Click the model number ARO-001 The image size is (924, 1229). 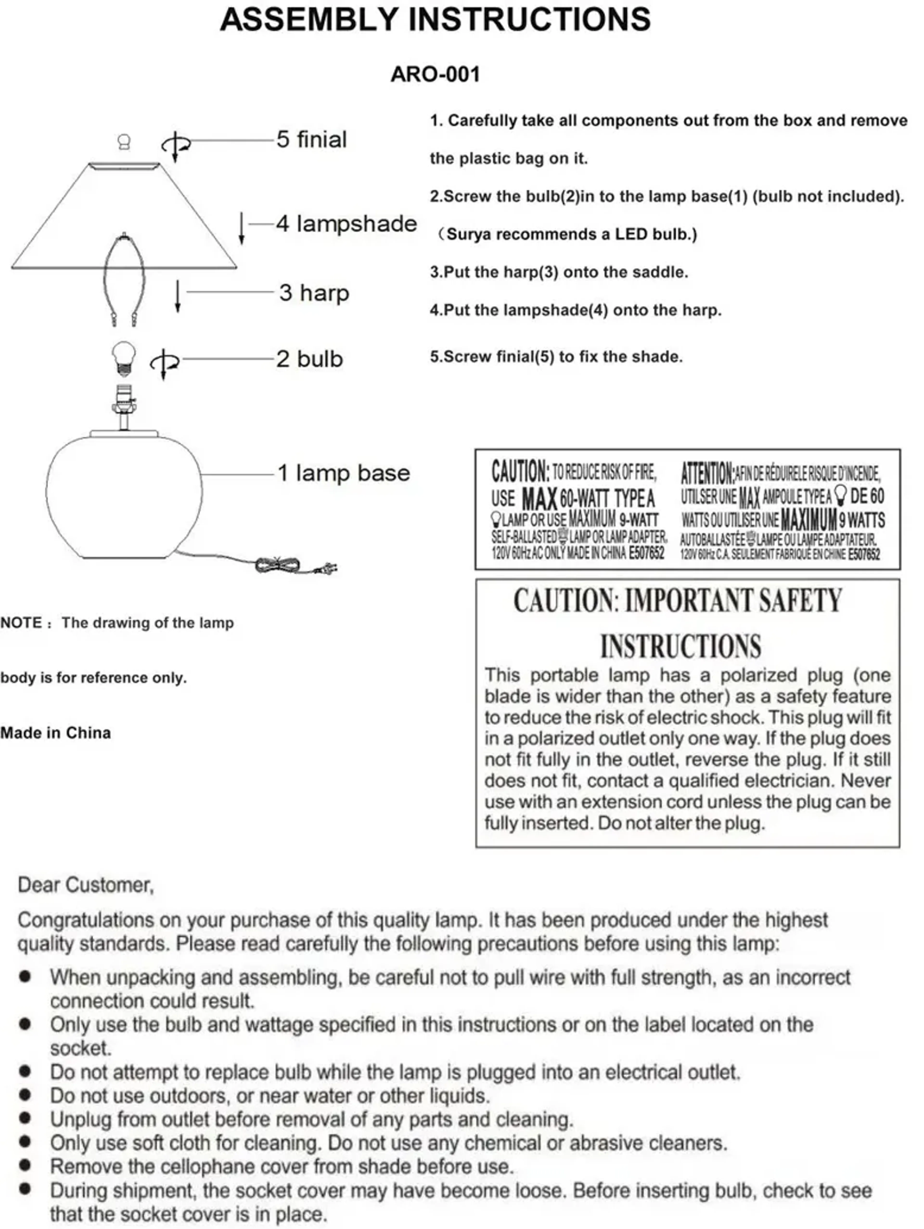click(x=435, y=74)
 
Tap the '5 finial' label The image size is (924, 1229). click(x=312, y=140)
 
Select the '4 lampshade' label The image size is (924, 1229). click(x=346, y=224)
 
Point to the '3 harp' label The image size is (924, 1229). click(x=314, y=293)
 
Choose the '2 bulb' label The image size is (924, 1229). click(x=309, y=359)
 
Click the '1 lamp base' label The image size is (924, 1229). click(x=343, y=473)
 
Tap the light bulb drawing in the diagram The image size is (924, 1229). click(x=124, y=358)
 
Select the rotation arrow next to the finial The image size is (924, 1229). click(x=176, y=145)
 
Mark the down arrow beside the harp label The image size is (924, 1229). click(x=178, y=296)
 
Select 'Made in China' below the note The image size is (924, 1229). click(x=56, y=733)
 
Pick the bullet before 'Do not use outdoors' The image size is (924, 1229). click(x=25, y=1095)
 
